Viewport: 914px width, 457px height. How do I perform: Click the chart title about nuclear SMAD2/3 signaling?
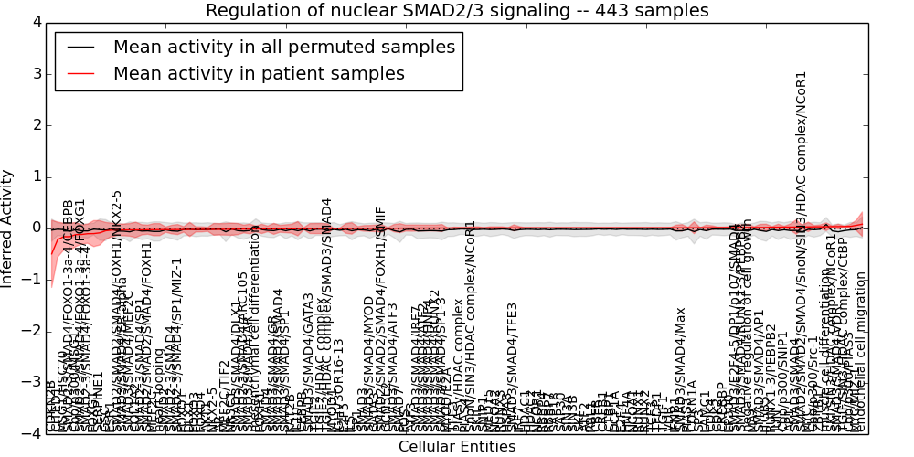456,11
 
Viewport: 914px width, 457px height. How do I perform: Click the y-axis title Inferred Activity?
8,228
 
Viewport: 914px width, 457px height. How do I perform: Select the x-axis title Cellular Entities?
456,447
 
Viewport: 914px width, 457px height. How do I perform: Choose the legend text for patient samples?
259,74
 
